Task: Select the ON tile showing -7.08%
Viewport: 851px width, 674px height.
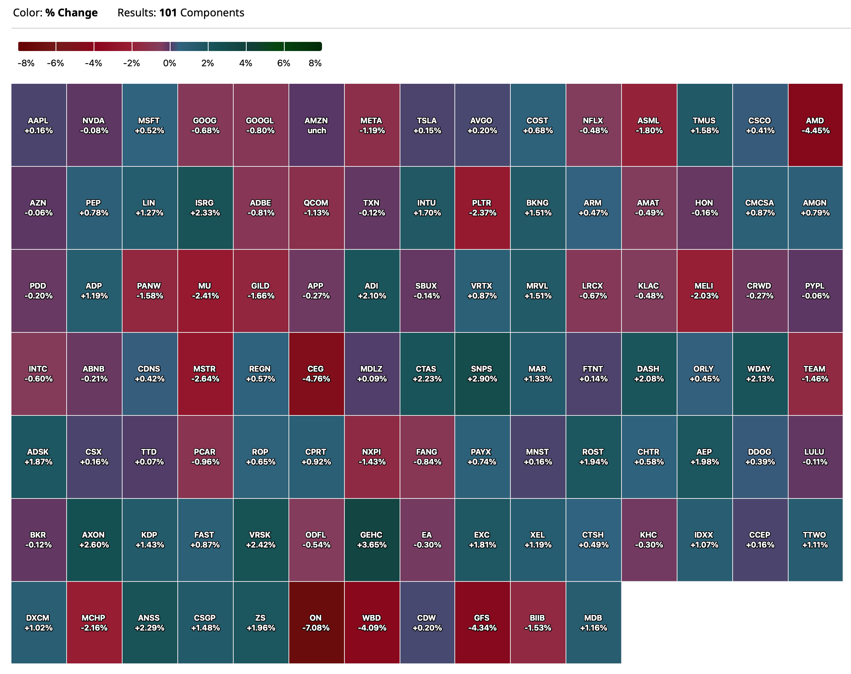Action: click(316, 622)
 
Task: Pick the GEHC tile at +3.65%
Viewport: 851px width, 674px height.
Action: click(371, 540)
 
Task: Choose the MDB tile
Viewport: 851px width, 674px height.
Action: click(593, 622)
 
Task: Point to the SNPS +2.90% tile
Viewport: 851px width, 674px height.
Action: click(482, 373)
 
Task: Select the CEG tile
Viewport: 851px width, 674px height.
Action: click(316, 373)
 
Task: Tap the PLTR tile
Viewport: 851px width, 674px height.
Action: click(482, 208)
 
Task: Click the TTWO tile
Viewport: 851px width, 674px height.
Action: click(815, 540)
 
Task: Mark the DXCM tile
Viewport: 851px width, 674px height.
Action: click(38, 622)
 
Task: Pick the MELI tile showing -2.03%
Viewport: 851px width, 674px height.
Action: click(704, 291)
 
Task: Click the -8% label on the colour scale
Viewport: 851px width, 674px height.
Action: click(26, 63)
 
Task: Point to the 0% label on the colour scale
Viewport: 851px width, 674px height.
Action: click(170, 63)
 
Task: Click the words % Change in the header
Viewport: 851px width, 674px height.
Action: click(72, 13)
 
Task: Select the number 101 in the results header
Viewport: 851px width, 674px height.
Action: click(168, 13)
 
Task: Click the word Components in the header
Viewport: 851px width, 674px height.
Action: click(212, 13)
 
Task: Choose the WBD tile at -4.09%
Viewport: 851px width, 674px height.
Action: click(371, 622)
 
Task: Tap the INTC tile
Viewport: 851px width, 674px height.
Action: click(38, 373)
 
